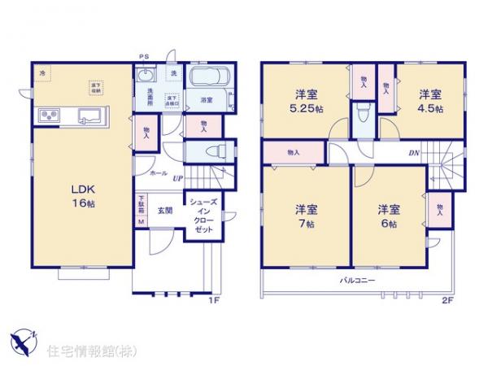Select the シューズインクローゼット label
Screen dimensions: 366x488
pyautogui.click(x=202, y=216)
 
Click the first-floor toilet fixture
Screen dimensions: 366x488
pyautogui.click(x=212, y=151)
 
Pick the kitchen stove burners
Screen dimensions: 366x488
pyautogui.click(x=46, y=116)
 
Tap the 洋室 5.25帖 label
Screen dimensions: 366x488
pyautogui.click(x=306, y=99)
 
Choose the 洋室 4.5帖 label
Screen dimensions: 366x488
pyautogui.click(x=430, y=99)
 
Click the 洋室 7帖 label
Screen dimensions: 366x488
pyautogui.click(x=306, y=216)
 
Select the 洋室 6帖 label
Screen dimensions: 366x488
pyautogui.click(x=389, y=216)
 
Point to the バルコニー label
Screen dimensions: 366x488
pyautogui.click(x=356, y=281)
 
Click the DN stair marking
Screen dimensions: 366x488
pyautogui.click(x=413, y=153)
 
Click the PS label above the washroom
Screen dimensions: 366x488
pyautogui.click(x=144, y=56)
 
